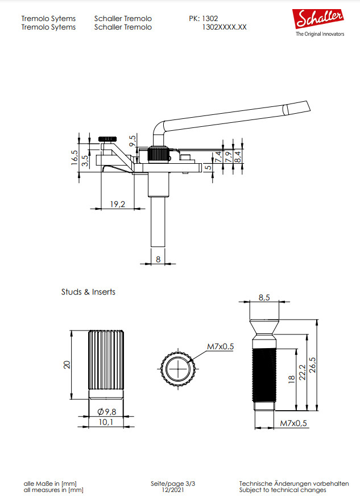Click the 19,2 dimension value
pos(118,204)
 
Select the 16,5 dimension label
pos(75,156)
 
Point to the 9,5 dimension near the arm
pos(133,142)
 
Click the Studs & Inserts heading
pos(88,292)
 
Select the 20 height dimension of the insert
pos(67,365)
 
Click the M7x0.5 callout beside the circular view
pos(221,346)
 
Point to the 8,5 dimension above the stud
pos(264,297)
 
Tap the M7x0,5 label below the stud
pos(293,423)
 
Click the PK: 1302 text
pos(203,18)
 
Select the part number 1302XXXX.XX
pos(224,27)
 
